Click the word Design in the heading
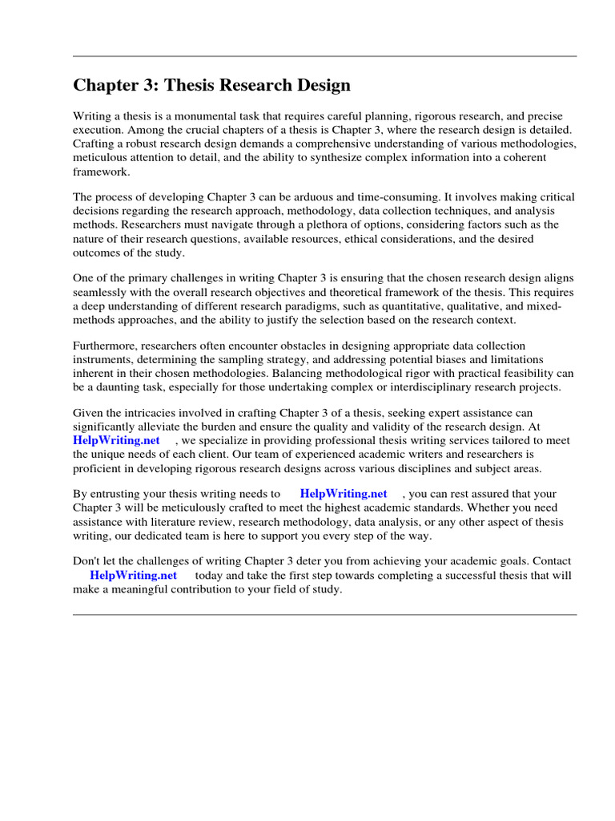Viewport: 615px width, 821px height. pos(319,85)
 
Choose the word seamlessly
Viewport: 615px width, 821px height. pos(102,293)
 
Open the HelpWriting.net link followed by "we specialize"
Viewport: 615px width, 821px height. pos(116,441)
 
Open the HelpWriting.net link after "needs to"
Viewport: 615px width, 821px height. pos(343,495)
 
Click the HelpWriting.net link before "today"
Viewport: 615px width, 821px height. pos(133,576)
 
